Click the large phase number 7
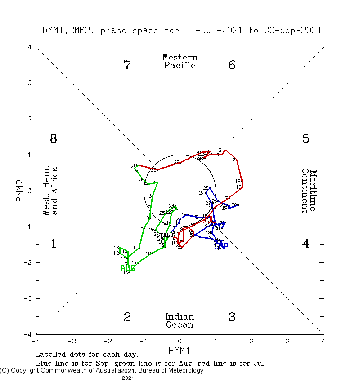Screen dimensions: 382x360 pos(127,65)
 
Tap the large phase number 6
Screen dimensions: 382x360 pos(232,65)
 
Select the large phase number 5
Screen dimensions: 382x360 pos(306,139)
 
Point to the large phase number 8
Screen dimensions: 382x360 pos(53,139)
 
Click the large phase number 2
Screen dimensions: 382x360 pos(127,317)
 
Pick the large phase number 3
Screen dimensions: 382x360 pos(232,317)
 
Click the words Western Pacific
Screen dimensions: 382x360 pos(180,61)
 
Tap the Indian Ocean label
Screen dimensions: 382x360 pos(180,321)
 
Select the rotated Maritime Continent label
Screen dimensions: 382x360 pos(309,191)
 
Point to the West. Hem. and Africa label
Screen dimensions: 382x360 pos(49,191)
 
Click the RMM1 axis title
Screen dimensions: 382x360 pos(180,350)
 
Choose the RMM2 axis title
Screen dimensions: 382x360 pos(20,191)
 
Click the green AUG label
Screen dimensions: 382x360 pos(128,268)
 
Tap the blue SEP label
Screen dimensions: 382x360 pos(221,245)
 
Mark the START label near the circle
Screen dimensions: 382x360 pos(165,235)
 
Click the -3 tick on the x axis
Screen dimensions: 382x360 pos(72,341)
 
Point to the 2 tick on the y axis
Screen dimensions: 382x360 pos(29,119)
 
